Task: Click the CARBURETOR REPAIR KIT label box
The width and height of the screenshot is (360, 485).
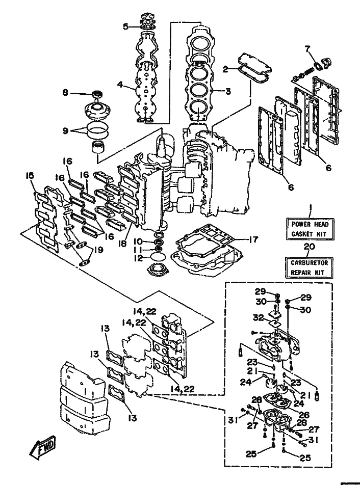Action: [x=309, y=266]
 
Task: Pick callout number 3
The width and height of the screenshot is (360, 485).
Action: [x=228, y=92]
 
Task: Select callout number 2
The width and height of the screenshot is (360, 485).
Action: [x=225, y=70]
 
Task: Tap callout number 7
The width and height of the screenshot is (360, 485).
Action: [x=307, y=49]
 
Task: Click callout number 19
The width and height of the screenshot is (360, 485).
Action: [x=99, y=250]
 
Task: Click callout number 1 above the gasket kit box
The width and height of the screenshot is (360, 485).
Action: [x=309, y=207]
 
